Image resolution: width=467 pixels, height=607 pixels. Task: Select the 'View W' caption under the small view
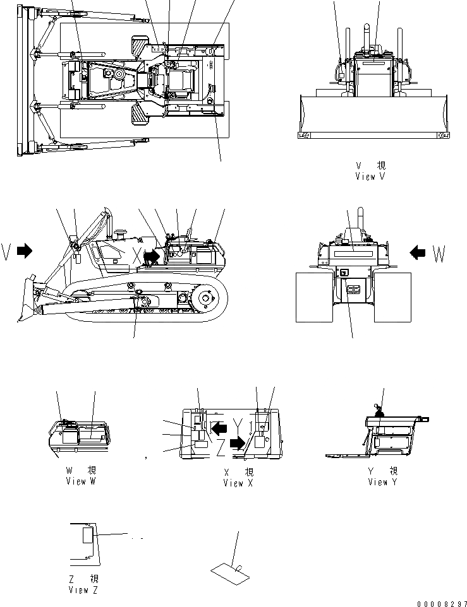pos(81,481)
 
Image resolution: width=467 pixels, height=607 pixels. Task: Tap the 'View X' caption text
pos(238,483)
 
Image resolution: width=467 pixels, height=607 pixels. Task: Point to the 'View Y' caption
pos(383,482)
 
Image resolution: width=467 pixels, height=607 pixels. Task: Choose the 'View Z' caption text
pos(83,590)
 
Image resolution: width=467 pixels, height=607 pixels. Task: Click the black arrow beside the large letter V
pos(25,251)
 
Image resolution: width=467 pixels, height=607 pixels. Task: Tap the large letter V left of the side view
pos(6,251)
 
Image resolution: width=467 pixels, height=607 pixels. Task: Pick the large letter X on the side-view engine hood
pos(136,256)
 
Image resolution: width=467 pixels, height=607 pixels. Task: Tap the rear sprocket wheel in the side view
pos(206,300)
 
